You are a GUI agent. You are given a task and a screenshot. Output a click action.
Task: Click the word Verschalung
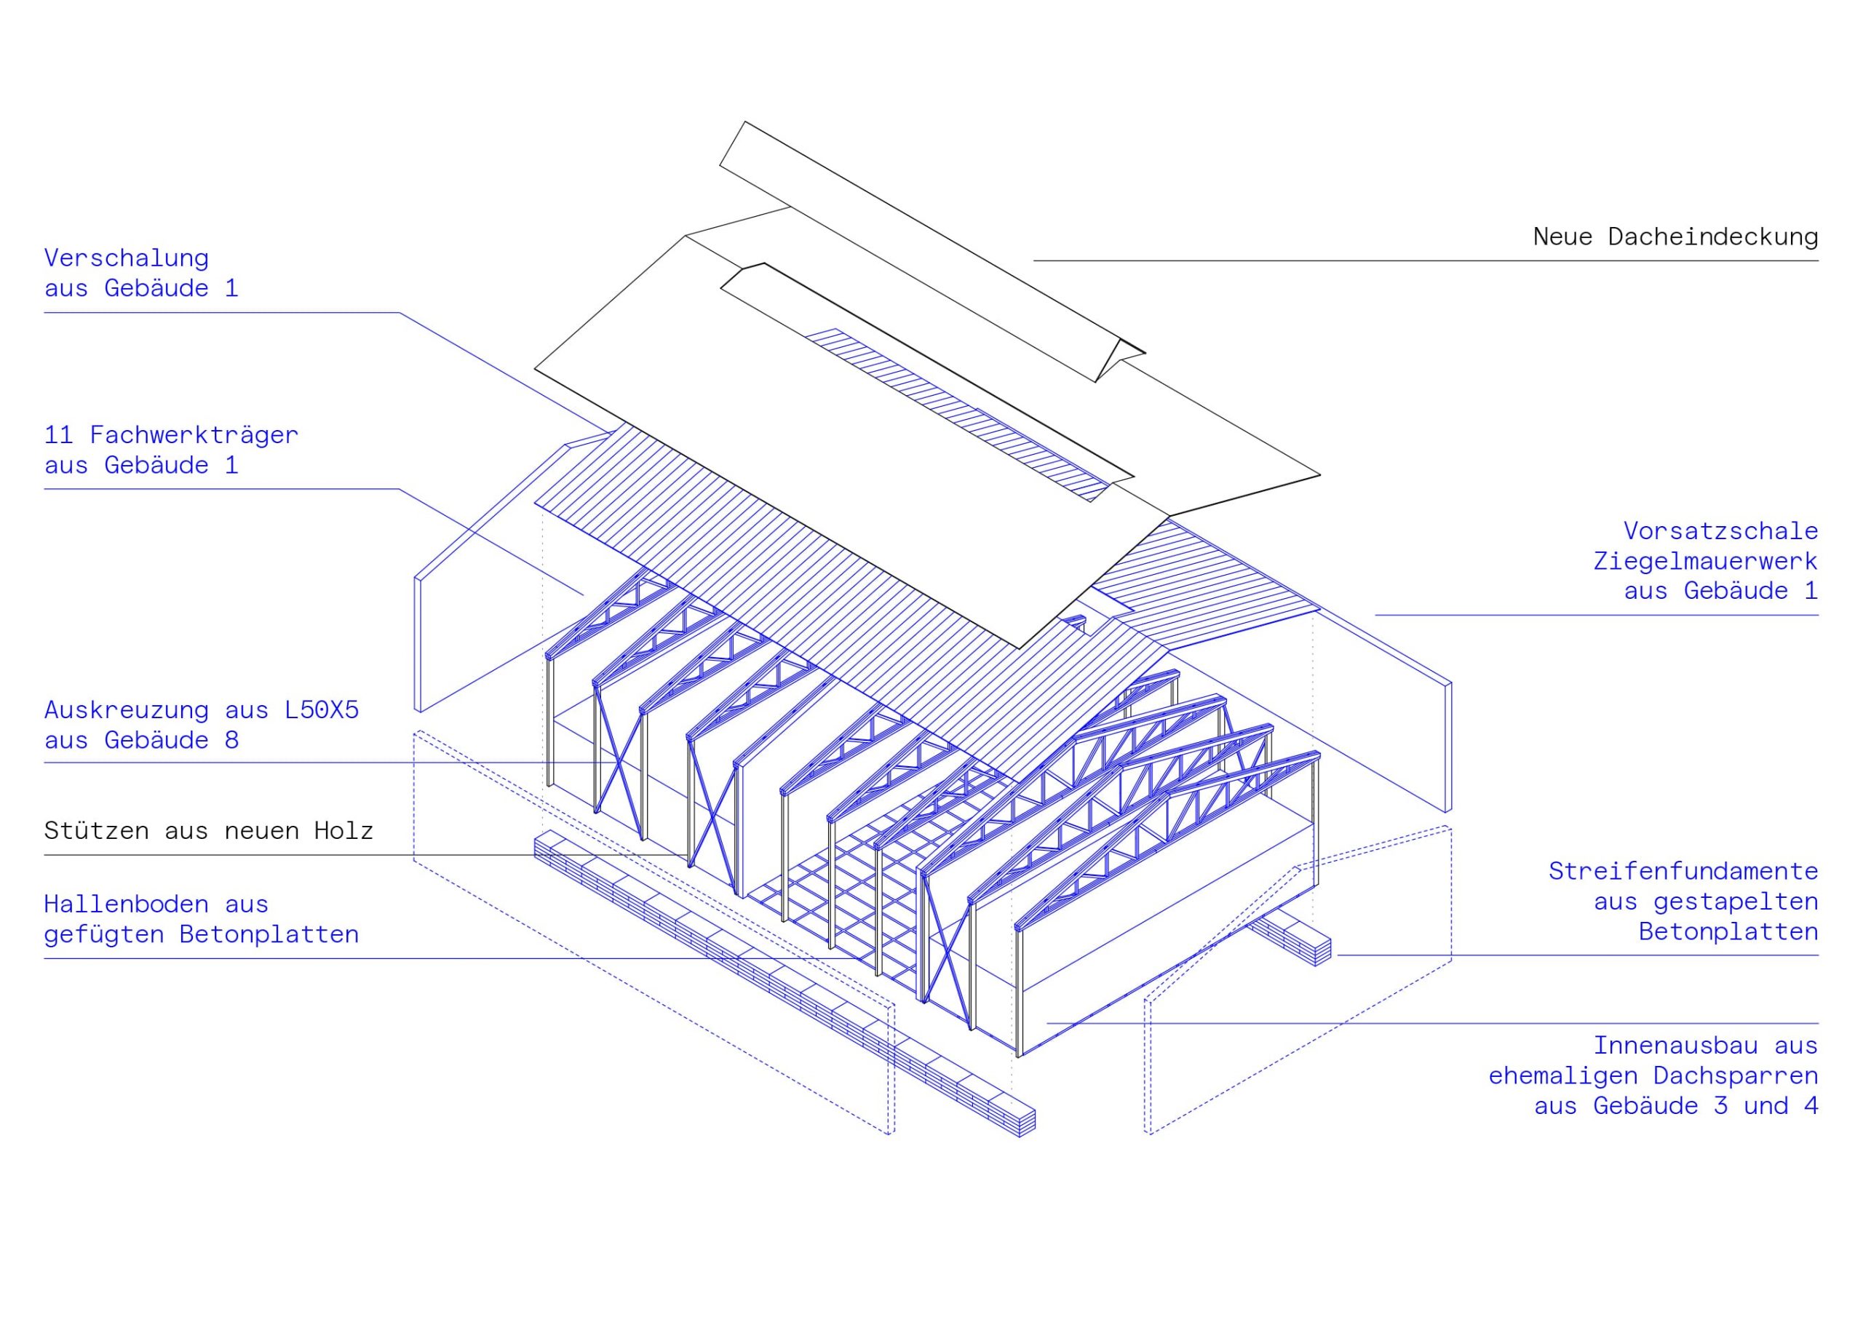pyautogui.click(x=127, y=258)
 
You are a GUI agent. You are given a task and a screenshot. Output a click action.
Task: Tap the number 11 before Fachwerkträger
pyautogui.click(x=58, y=435)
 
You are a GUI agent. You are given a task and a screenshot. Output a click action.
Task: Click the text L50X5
pyautogui.click(x=322, y=710)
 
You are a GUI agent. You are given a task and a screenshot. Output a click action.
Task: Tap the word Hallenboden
pyautogui.click(x=127, y=904)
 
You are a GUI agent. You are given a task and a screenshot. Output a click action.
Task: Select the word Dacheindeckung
pyautogui.click(x=1713, y=237)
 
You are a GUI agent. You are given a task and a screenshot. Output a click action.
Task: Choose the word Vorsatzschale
pyautogui.click(x=1720, y=530)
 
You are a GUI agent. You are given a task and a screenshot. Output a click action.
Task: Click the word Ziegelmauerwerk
pyautogui.click(x=1705, y=561)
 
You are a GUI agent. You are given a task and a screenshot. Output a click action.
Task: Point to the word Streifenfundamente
pyautogui.click(x=1683, y=871)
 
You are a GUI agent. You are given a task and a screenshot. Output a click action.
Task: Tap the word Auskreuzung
pyautogui.click(x=127, y=710)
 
